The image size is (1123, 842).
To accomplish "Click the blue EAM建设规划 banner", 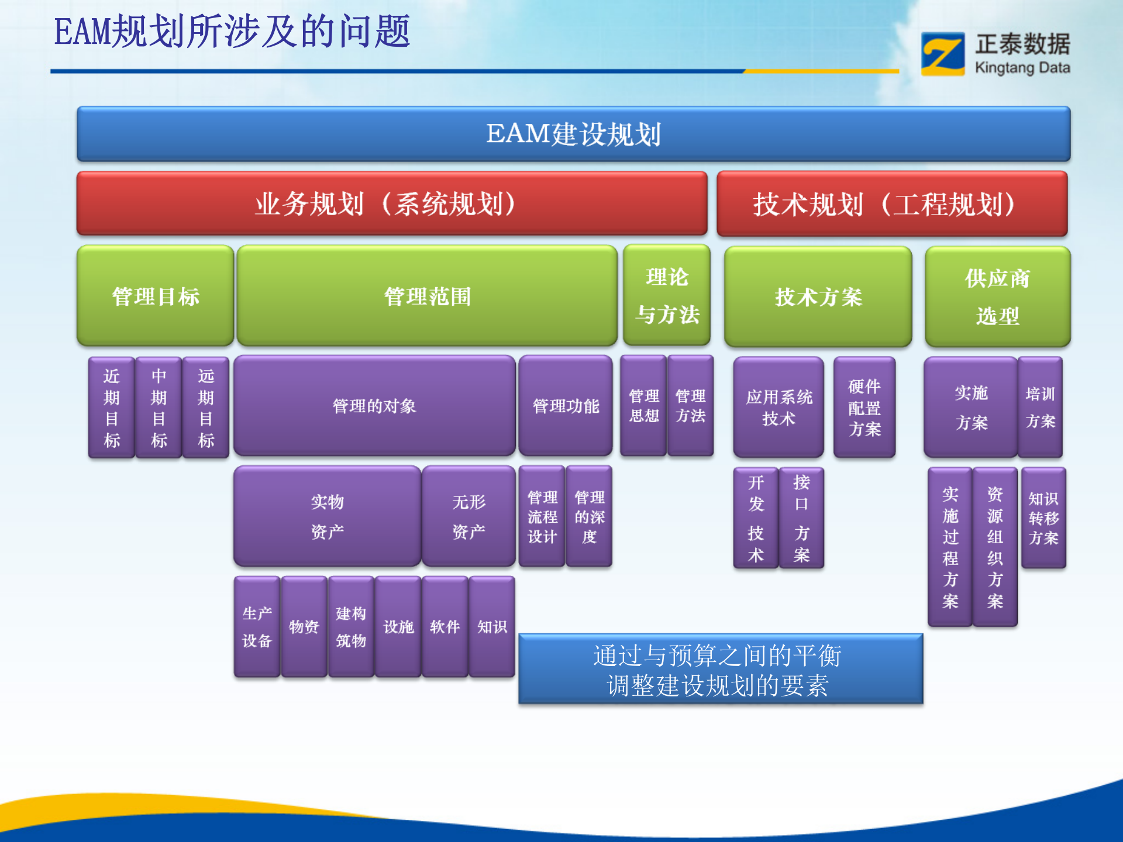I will (573, 134).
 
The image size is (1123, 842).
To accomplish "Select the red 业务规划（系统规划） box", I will (391, 203).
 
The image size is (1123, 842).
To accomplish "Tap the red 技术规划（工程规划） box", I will (891, 203).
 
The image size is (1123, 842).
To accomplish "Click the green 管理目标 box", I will (156, 296).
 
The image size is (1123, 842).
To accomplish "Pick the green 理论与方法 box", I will (667, 296).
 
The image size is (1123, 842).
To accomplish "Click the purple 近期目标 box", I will (112, 408).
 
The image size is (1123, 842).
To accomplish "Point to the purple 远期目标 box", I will (206, 408).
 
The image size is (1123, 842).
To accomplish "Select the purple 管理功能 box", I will (566, 406).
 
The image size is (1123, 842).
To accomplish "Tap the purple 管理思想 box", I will (643, 406).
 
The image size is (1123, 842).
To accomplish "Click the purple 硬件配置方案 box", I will (864, 408).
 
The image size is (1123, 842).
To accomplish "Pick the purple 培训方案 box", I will (1040, 407).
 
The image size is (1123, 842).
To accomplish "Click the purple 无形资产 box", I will (469, 516).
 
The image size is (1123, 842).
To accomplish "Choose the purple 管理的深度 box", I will (589, 516).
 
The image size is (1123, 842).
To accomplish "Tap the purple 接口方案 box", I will (801, 518).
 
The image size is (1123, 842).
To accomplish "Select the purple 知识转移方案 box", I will (1043, 518).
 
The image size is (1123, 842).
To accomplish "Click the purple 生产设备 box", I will (257, 627).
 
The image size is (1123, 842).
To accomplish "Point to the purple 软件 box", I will (445, 627).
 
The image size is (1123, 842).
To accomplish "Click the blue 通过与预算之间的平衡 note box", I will (720, 669).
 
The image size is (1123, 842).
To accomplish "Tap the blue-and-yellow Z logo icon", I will (943, 54).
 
